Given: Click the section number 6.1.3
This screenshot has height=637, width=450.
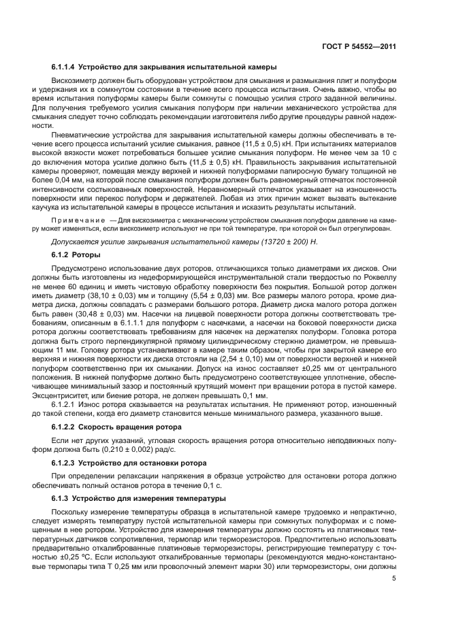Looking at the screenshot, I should tap(61, 498).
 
